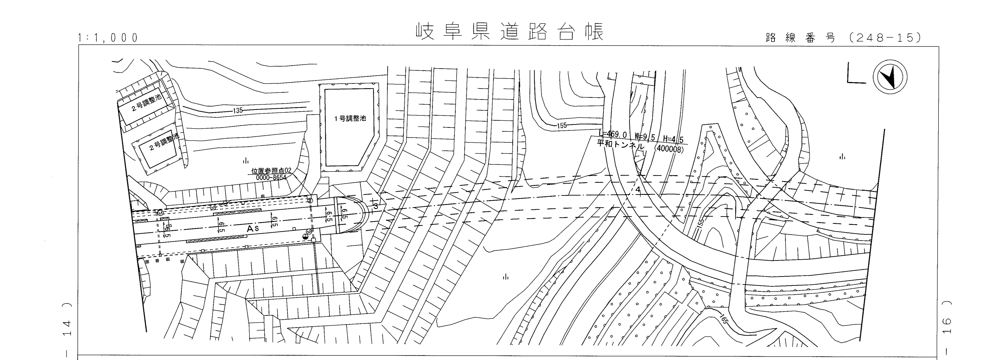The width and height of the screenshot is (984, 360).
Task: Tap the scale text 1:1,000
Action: tap(108, 38)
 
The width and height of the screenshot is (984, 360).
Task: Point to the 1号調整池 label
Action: tap(350, 118)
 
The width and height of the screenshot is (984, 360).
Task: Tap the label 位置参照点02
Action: tap(271, 171)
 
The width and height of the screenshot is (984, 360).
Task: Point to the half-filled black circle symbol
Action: tap(305, 237)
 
